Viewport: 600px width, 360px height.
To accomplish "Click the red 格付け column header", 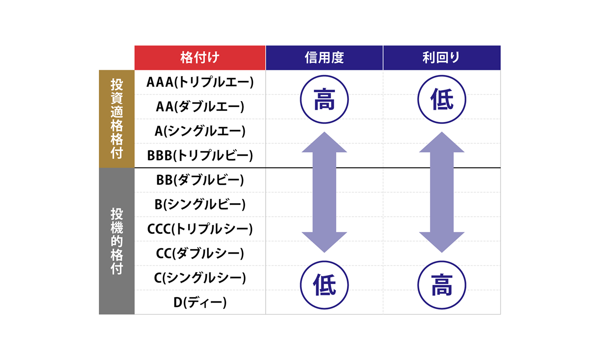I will (x=200, y=58).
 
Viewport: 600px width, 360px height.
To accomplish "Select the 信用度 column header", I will (x=324, y=58).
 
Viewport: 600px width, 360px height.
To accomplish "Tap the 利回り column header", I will (x=442, y=58).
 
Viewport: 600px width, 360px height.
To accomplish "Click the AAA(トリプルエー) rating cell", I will (x=200, y=82).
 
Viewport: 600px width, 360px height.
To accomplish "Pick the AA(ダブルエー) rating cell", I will (x=200, y=107).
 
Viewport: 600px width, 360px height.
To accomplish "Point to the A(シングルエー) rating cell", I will (x=200, y=131).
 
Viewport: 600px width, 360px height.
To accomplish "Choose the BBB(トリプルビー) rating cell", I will (x=200, y=156).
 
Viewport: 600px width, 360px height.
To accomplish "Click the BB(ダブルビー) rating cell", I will (x=200, y=180).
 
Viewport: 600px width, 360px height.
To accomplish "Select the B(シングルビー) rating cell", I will (x=200, y=204).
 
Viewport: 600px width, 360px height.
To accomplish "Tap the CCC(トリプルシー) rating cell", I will (x=200, y=229).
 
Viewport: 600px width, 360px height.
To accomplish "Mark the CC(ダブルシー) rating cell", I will (x=200, y=253).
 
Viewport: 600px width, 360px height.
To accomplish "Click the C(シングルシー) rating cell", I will (x=200, y=278).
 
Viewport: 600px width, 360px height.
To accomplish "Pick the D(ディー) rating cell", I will (x=200, y=302).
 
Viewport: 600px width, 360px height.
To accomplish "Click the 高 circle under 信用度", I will (x=324, y=100).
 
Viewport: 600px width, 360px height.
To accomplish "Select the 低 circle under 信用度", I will (x=324, y=285).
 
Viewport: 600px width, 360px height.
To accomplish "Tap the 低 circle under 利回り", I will (x=442, y=100).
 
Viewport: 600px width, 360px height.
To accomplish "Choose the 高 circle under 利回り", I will (x=442, y=285).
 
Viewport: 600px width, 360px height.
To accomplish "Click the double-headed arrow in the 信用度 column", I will (x=324, y=192).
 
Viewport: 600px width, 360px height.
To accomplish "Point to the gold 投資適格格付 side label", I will (x=117, y=119).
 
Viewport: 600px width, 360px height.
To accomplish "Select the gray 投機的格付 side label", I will (x=117, y=241).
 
